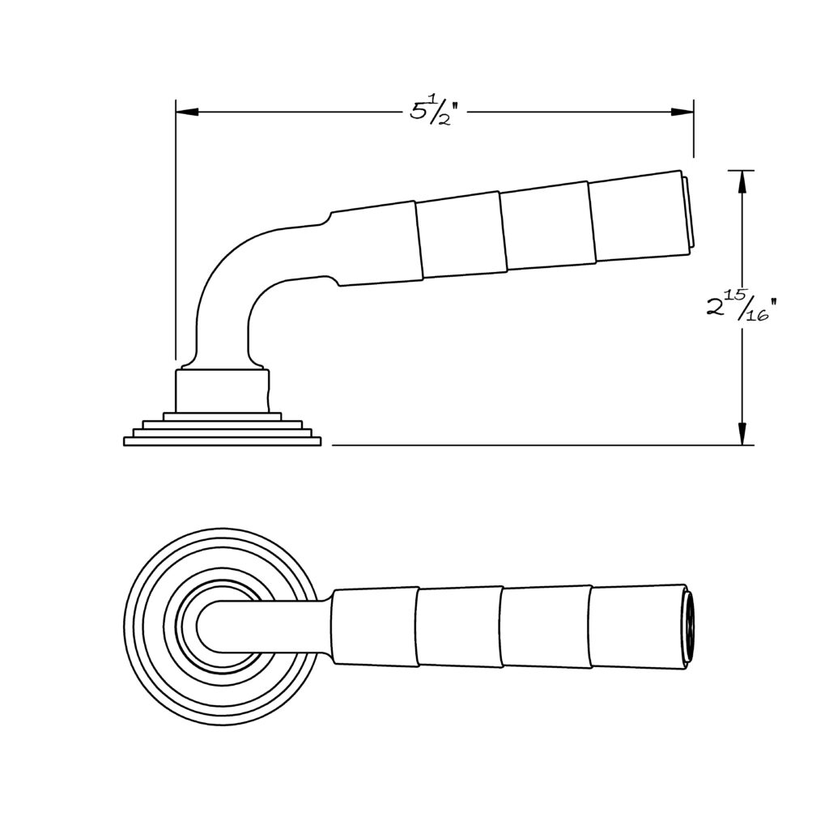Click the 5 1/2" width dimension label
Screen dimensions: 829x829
432,111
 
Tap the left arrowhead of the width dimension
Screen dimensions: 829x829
187,112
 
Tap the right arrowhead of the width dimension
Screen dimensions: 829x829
682,112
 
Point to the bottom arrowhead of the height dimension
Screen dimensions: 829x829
742,434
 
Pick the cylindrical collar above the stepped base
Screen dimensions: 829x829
223,390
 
